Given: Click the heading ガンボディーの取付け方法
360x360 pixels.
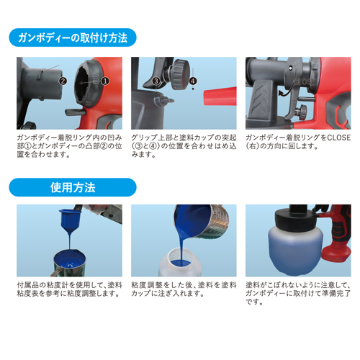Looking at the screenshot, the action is click(73, 37).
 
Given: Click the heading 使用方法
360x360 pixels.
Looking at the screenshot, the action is click(73, 187).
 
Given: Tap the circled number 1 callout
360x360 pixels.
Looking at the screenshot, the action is click(105, 81).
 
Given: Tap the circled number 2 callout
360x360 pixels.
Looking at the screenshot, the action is click(63, 81).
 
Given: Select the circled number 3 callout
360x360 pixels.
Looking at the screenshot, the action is click(156, 81).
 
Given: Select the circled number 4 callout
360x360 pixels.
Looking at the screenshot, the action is click(193, 81).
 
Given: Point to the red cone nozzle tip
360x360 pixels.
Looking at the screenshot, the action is click(220, 96).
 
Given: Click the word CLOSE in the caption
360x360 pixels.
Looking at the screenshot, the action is click(339, 138).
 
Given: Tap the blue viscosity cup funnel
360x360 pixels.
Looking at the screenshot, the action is click(70, 221).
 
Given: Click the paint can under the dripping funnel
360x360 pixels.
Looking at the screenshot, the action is click(69, 263).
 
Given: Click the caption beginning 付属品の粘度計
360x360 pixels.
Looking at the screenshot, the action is click(70, 289).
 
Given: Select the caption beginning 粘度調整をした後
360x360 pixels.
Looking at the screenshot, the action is click(184, 289).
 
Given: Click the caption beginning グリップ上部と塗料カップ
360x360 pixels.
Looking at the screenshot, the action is click(184, 146).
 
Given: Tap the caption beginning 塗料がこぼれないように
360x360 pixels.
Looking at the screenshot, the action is click(298, 293).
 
